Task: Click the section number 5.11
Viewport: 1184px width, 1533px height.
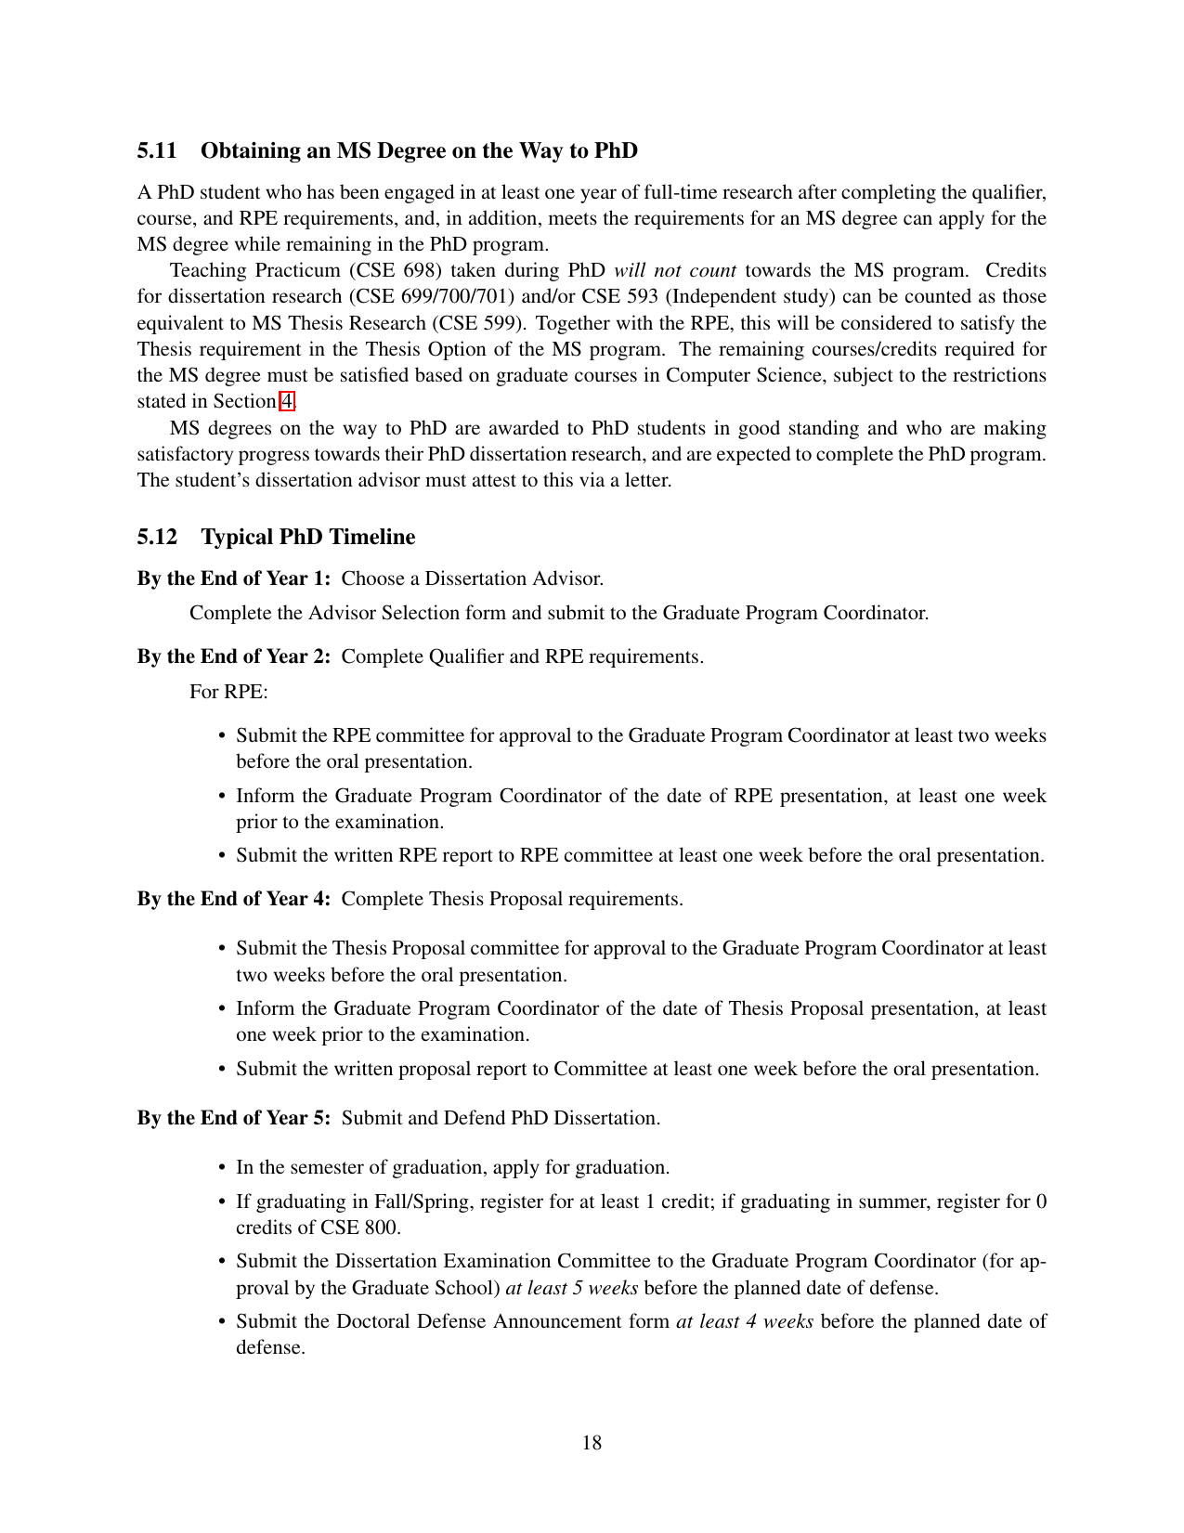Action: pos(157,150)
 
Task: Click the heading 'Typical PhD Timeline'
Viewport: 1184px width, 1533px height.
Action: pos(307,537)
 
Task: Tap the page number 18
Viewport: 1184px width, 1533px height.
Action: pos(592,1442)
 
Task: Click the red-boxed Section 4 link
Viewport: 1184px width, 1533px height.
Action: pos(287,401)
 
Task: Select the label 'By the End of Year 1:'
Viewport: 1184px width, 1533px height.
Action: pos(234,578)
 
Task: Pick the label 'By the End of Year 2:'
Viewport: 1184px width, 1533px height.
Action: pos(234,656)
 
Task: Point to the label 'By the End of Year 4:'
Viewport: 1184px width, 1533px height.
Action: pos(234,899)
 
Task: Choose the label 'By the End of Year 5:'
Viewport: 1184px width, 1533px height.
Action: pos(234,1118)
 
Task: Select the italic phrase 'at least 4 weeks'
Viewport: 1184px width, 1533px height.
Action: pos(745,1321)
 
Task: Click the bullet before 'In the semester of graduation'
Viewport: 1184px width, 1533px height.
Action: pos(222,1168)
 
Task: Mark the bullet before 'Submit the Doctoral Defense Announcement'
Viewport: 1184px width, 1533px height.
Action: pos(222,1322)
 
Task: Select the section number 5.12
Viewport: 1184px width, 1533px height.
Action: pos(157,537)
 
